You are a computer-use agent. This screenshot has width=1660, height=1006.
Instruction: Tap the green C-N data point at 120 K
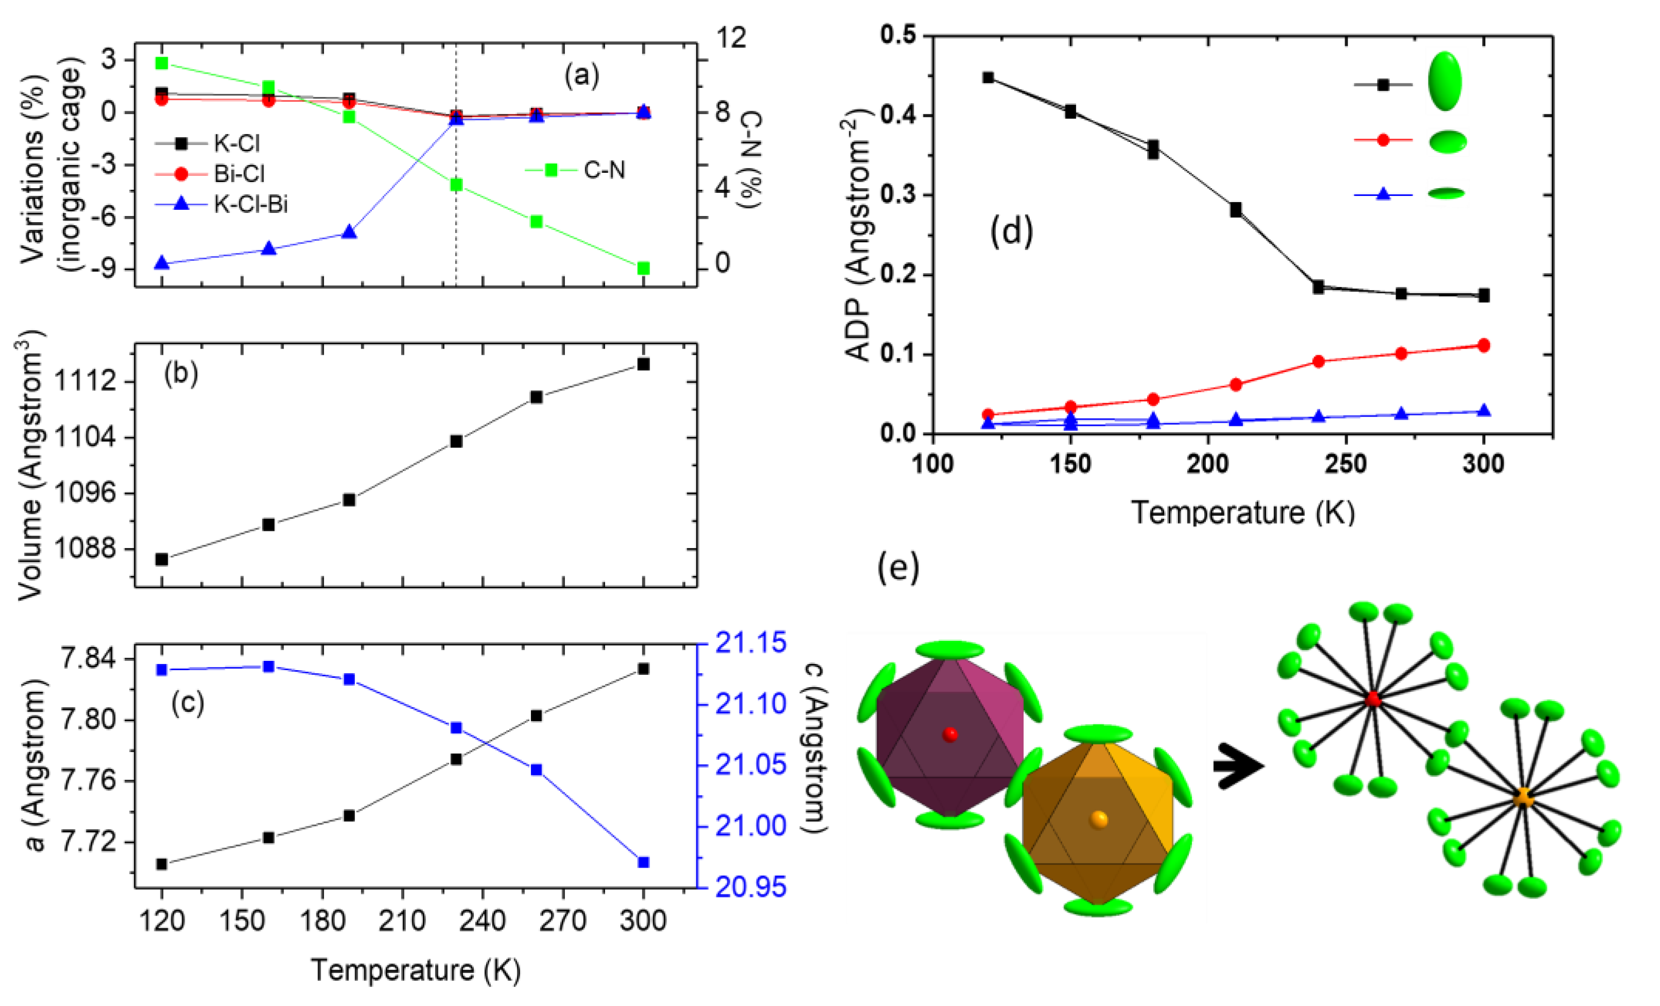pyautogui.click(x=162, y=63)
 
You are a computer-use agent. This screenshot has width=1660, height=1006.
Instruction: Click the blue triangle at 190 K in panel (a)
pyautogui.click(x=349, y=232)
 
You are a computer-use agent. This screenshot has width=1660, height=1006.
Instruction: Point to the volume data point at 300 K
pyautogui.click(x=644, y=364)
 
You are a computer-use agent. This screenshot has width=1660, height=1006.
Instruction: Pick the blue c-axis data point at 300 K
pyautogui.click(x=644, y=862)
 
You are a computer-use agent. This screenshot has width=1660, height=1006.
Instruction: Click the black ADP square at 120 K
pyautogui.click(x=988, y=78)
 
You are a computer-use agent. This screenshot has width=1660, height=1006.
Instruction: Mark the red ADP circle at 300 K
pyautogui.click(x=1484, y=346)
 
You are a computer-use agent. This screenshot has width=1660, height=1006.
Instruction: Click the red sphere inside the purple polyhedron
pyautogui.click(x=950, y=734)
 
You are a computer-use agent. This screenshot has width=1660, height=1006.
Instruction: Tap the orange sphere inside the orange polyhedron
pyautogui.click(x=1099, y=819)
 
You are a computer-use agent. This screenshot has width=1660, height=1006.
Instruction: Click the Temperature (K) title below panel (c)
pyautogui.click(x=416, y=971)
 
